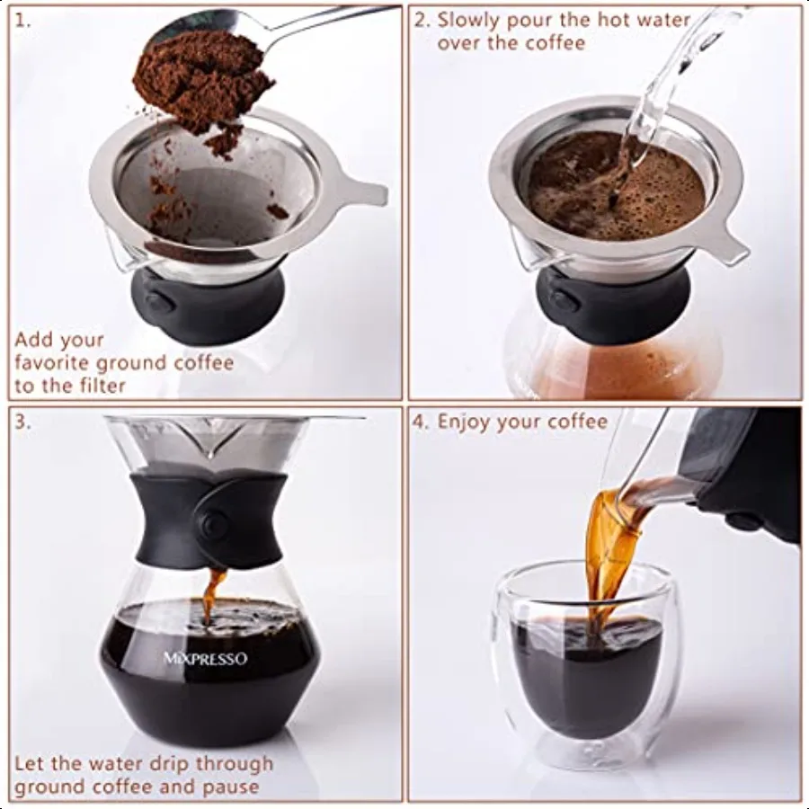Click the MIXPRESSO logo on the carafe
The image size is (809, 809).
[205, 658]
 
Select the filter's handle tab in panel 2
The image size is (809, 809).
[728, 248]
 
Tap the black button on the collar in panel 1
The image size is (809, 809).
[157, 302]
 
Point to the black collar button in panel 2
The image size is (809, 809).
[564, 301]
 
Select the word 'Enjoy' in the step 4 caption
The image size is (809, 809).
[466, 422]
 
